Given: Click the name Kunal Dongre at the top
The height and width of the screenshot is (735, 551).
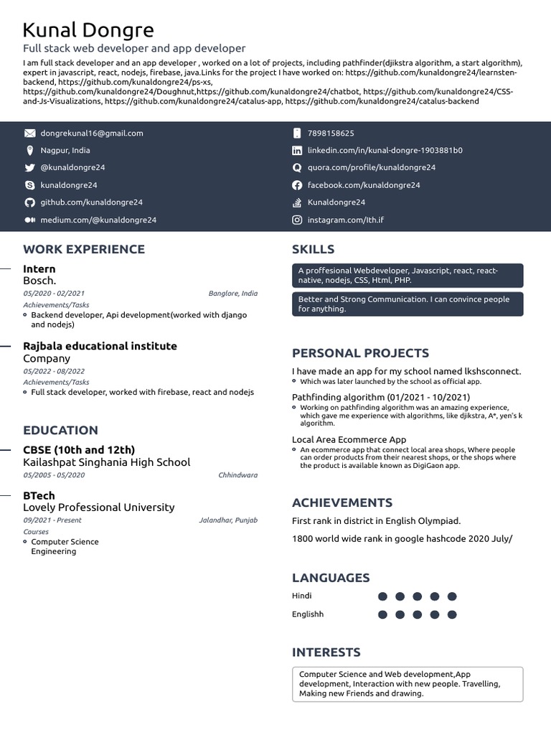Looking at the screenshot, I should (x=88, y=30).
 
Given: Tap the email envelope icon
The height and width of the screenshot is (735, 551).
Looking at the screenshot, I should (x=29, y=134).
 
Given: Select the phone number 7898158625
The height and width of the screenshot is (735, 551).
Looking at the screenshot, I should (x=331, y=134).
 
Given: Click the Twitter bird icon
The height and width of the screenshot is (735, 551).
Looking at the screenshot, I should (x=29, y=168).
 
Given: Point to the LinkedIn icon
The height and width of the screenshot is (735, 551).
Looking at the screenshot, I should (x=297, y=151).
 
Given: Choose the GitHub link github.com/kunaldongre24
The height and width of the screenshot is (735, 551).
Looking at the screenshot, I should (x=91, y=202).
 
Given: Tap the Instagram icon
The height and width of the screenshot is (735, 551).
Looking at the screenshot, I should (x=297, y=220).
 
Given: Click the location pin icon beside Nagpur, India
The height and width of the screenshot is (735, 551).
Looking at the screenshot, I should (x=29, y=151).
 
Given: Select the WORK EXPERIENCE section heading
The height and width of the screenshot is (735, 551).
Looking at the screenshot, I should (x=84, y=249).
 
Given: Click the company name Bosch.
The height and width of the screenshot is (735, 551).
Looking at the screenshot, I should (x=39, y=281).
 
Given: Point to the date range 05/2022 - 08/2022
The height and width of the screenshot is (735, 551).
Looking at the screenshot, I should (x=54, y=371).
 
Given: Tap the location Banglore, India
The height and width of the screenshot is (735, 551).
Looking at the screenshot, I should (x=232, y=294).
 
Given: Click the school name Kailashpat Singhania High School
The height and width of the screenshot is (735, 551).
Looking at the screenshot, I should (x=106, y=462).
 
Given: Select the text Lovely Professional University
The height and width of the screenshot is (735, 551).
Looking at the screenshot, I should (x=98, y=507).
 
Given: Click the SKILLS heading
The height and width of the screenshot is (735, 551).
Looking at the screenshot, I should (x=313, y=249).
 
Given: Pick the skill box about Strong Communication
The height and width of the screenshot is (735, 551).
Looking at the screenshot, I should (x=408, y=304).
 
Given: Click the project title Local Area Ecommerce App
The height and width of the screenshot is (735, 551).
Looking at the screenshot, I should (x=349, y=439).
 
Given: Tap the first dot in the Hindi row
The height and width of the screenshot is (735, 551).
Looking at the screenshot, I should (x=382, y=596).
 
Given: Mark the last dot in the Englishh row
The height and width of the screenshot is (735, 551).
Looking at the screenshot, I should (x=452, y=614).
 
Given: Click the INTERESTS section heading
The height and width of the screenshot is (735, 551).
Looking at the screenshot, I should (x=326, y=652).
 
